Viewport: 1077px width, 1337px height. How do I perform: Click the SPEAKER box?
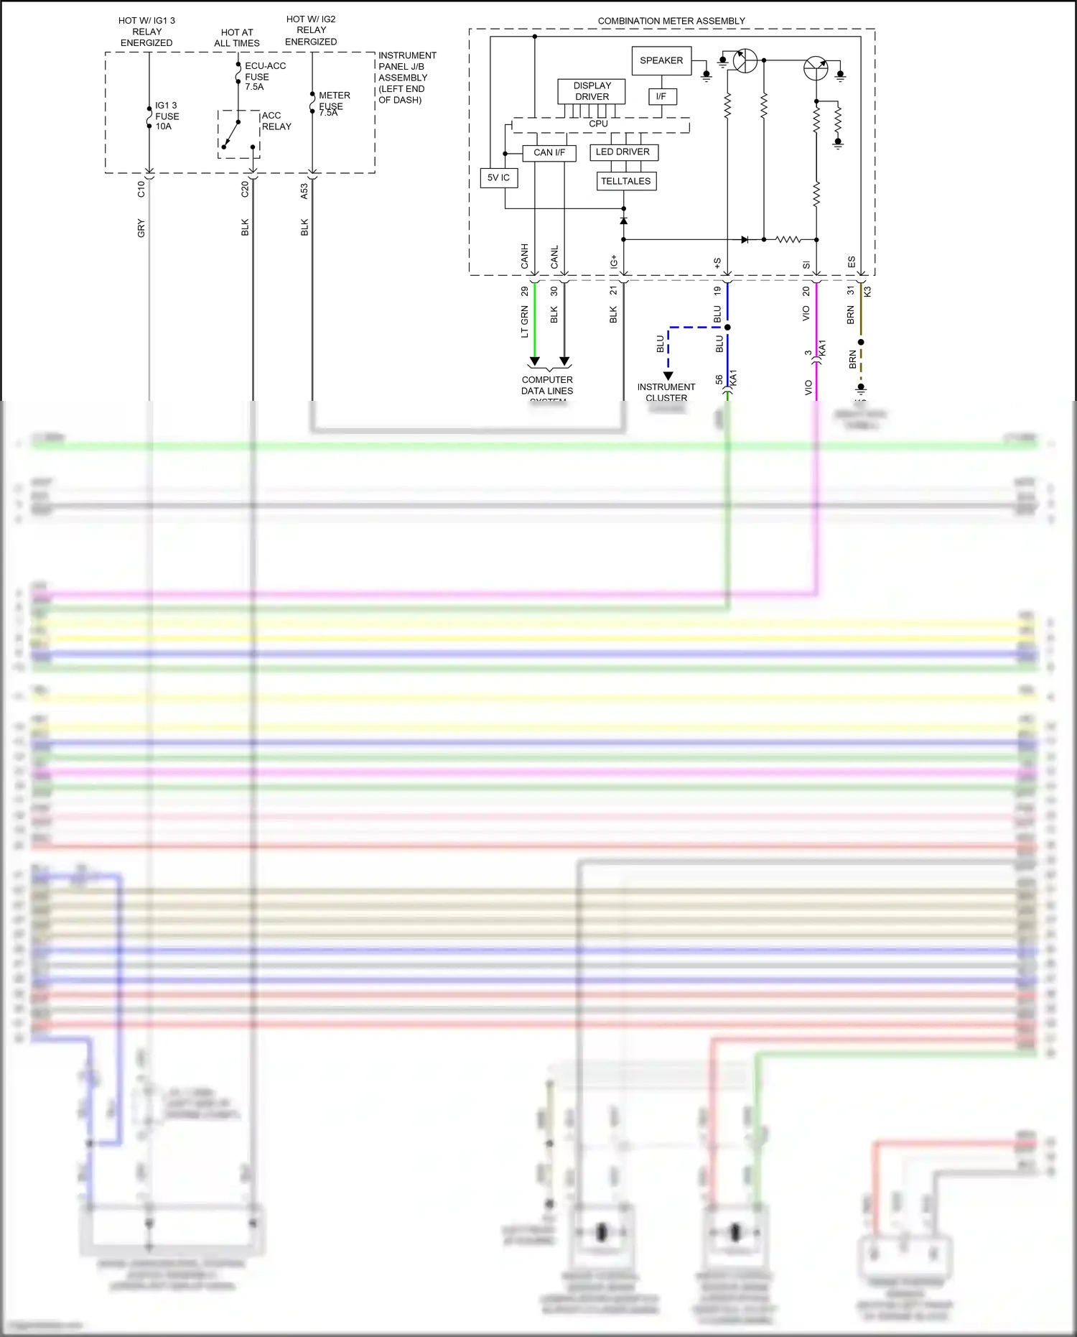pyautogui.click(x=661, y=60)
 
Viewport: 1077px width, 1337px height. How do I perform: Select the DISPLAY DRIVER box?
pyautogui.click(x=592, y=91)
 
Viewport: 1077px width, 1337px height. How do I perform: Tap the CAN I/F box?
pyautogui.click(x=549, y=152)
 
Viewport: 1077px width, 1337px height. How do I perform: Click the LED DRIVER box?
pyautogui.click(x=623, y=152)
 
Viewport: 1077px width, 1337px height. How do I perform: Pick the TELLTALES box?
pyautogui.click(x=626, y=181)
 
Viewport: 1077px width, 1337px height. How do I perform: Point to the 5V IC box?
pyautogui.click(x=498, y=177)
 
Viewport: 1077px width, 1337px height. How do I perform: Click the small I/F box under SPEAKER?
pyautogui.click(x=661, y=96)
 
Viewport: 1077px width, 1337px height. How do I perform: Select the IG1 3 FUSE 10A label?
pyautogui.click(x=167, y=116)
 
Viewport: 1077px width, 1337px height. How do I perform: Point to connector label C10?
pyautogui.click(x=141, y=189)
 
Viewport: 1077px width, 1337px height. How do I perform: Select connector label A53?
pyautogui.click(x=304, y=191)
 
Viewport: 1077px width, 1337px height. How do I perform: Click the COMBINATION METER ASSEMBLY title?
pyautogui.click(x=671, y=21)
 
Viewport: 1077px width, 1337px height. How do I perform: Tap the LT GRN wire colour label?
pyautogui.click(x=524, y=321)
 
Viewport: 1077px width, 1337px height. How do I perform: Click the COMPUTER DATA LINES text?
pyautogui.click(x=547, y=385)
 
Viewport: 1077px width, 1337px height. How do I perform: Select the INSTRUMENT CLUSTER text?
pyautogui.click(x=666, y=392)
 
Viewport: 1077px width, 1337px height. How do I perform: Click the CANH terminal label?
pyautogui.click(x=524, y=256)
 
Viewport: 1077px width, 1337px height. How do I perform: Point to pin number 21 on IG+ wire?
pyautogui.click(x=613, y=290)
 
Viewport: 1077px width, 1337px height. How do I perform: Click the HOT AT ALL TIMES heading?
pyautogui.click(x=237, y=37)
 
